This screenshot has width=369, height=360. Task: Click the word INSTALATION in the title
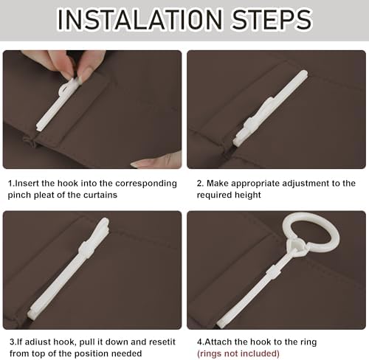tap(139, 19)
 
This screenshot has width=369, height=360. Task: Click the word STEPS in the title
tap(272, 19)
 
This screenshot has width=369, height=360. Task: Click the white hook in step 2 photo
tap(270, 108)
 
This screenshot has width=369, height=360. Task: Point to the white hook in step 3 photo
tap(69, 267)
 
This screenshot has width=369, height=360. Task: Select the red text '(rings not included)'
tap(238, 354)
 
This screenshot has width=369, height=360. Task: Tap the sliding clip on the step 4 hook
tap(272, 272)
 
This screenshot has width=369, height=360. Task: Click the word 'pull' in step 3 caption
tap(88, 342)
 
